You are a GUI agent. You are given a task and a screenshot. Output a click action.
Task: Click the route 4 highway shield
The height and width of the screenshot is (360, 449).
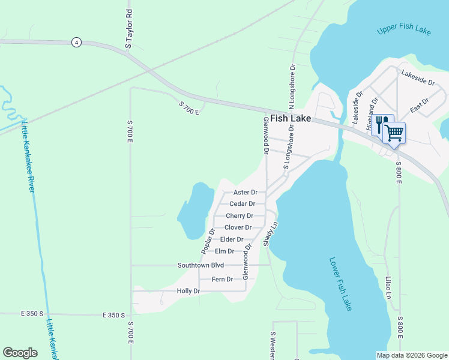tap(76, 42)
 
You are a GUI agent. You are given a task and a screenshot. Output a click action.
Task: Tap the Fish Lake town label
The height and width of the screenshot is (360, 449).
tap(291, 119)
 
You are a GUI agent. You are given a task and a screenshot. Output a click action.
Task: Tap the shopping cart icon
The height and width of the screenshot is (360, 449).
tap(394, 132)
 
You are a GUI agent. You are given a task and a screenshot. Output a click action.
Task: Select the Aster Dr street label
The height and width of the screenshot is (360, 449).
tap(245, 193)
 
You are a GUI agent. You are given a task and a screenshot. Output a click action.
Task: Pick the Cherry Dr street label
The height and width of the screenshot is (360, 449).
tap(240, 216)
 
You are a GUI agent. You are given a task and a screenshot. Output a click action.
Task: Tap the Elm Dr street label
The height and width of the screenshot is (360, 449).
tap(224, 251)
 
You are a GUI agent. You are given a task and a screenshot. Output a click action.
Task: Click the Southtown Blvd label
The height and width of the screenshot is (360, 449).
tap(200, 265)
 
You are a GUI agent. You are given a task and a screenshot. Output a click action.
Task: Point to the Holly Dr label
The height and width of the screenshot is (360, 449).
tap(188, 291)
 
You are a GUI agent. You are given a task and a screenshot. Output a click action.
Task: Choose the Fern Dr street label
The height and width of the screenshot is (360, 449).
tap(222, 279)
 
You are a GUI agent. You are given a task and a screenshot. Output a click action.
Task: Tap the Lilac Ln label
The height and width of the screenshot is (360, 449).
tap(388, 287)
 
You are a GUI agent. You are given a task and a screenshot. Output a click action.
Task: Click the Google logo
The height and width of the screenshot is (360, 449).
tap(20, 353)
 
